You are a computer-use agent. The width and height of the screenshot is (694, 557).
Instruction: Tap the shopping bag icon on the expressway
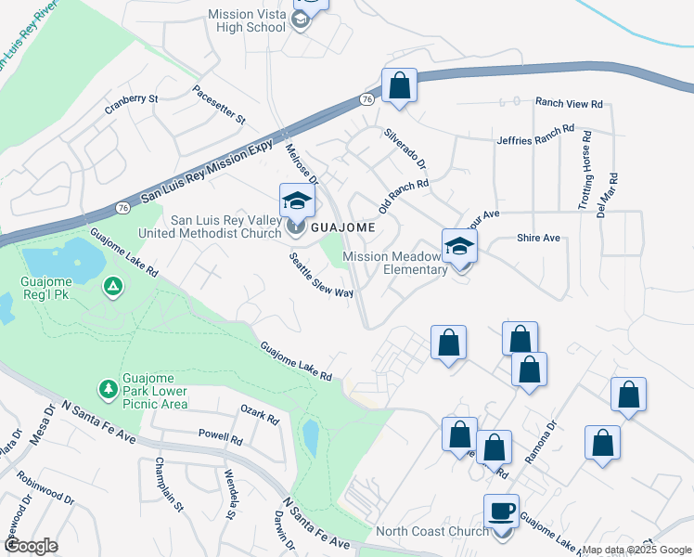click(399, 87)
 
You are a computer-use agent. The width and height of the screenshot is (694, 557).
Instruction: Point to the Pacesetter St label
click(219, 105)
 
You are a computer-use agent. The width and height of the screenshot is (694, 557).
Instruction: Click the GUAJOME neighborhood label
click(342, 227)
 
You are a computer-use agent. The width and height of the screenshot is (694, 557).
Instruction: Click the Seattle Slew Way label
click(321, 275)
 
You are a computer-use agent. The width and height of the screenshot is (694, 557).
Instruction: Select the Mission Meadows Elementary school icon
click(458, 248)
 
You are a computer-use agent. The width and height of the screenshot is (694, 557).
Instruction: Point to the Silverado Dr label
click(405, 149)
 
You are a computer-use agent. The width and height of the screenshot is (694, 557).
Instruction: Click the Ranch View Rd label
click(569, 104)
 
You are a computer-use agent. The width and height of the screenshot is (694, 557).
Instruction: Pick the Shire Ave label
click(538, 239)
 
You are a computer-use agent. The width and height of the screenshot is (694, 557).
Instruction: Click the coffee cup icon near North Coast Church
click(502, 512)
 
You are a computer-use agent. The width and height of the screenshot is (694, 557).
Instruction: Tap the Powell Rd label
click(220, 434)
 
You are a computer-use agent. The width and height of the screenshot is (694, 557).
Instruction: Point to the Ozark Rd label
click(260, 414)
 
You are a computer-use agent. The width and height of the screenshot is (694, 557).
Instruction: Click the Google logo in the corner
click(31, 546)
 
